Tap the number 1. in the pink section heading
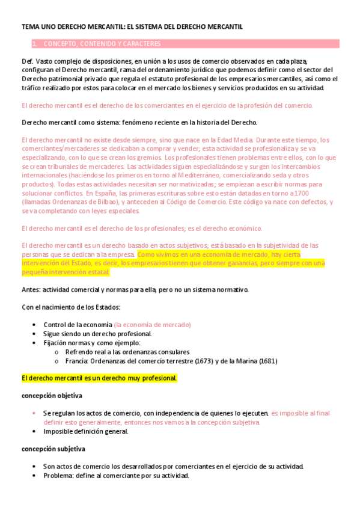(34, 44)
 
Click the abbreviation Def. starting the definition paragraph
(27, 61)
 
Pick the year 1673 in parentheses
(210, 361)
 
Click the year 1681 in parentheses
(267, 361)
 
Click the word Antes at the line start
(31, 290)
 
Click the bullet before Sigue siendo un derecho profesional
(34, 334)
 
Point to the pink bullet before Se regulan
(34, 414)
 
